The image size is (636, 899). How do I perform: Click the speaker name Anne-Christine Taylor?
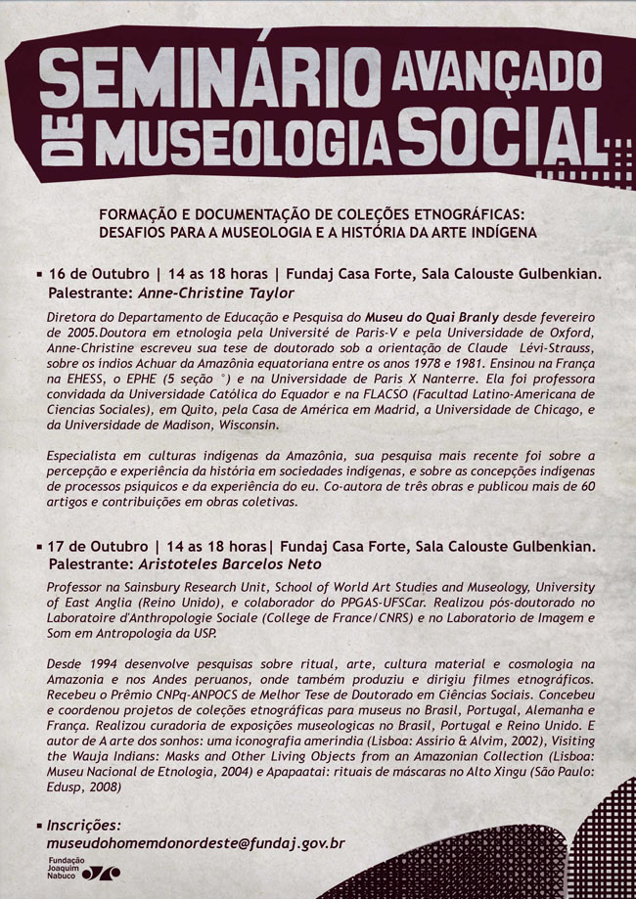pyautogui.click(x=217, y=292)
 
